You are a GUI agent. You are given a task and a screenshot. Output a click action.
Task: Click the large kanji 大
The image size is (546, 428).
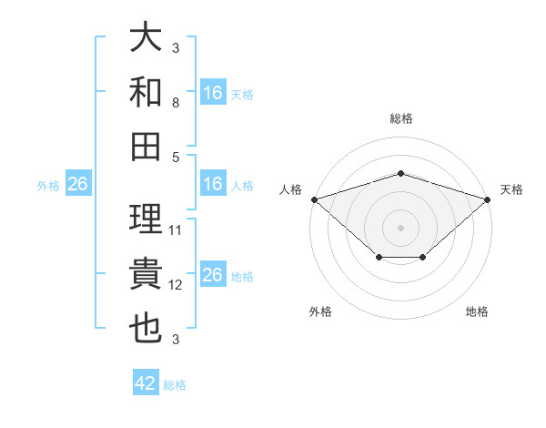click(x=146, y=36)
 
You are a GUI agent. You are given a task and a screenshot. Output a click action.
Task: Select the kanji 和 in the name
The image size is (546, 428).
click(x=146, y=92)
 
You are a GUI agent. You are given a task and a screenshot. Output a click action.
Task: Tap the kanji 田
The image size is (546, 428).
click(x=146, y=147)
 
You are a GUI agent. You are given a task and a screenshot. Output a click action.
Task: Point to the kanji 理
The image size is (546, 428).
click(x=146, y=219)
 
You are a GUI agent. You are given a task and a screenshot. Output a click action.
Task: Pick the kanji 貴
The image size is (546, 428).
click(x=146, y=273)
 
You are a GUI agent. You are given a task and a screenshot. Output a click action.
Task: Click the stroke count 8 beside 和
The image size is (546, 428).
click(x=176, y=103)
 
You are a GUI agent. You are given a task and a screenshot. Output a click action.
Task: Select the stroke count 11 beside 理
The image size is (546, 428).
click(x=175, y=230)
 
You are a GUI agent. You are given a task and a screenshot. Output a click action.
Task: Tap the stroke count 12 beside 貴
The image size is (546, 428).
click(x=175, y=285)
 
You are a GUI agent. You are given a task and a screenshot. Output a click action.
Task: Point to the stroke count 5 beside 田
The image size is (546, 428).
click(x=176, y=158)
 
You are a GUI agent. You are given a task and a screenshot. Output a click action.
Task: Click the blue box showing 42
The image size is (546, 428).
click(x=146, y=382)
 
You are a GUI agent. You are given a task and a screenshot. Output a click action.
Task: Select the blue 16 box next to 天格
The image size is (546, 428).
click(x=214, y=92)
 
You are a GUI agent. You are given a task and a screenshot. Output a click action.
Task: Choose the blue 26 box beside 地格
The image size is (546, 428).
click(x=214, y=273)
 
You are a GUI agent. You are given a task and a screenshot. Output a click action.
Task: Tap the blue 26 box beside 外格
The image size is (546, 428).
click(x=78, y=183)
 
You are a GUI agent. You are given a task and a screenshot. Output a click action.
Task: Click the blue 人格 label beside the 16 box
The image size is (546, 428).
click(x=242, y=186)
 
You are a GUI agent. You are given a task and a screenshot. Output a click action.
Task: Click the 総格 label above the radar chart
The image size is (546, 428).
click(x=401, y=118)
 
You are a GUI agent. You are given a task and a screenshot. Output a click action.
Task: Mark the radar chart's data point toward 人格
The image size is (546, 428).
click(x=315, y=199)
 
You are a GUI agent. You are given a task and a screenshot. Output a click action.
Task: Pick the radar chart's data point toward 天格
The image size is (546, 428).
click(x=488, y=199)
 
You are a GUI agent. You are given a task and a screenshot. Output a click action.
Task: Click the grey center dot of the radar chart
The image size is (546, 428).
click(x=400, y=228)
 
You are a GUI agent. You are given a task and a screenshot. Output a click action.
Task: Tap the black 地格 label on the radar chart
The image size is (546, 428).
click(x=477, y=311)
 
